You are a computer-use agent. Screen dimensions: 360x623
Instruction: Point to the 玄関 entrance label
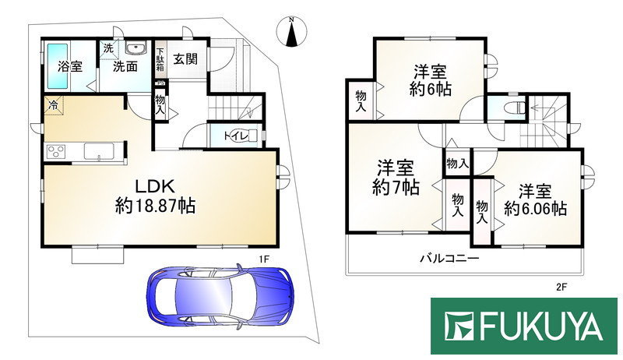(185, 58)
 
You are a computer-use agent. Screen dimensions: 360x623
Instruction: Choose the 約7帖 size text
(396, 188)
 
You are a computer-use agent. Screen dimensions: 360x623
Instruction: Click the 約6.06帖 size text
(535, 208)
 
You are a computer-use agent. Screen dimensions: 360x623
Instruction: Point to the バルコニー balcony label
(449, 257)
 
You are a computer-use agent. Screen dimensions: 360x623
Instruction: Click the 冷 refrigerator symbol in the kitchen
(54, 104)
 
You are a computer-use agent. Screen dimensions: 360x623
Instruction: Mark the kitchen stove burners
(57, 150)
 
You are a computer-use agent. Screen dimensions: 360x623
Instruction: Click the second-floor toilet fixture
(511, 108)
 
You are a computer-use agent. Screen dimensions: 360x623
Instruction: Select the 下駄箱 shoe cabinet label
(160, 61)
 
